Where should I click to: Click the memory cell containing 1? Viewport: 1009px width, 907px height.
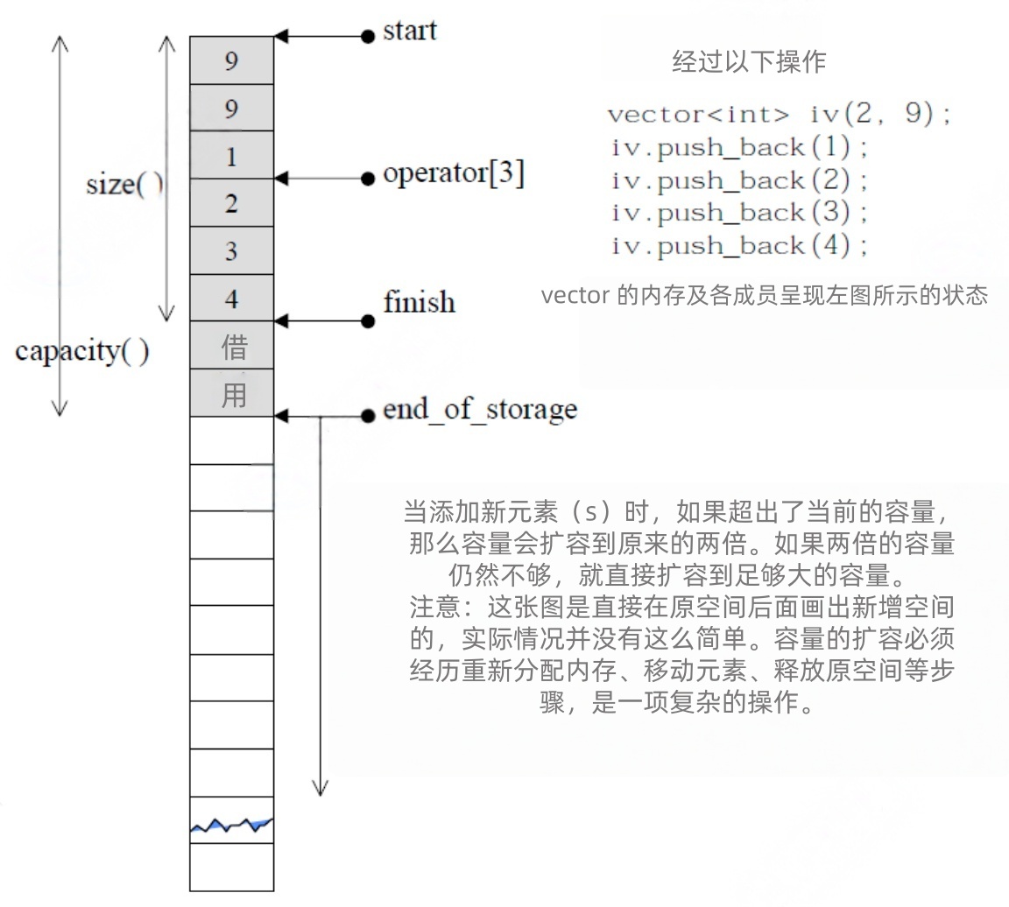point(231,157)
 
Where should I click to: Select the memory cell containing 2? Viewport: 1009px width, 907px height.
point(231,204)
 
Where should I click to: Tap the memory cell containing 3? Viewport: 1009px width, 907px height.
point(231,251)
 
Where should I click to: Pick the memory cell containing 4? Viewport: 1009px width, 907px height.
point(231,299)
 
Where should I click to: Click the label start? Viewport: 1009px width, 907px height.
point(410,32)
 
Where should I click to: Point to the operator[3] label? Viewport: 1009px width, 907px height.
point(454,174)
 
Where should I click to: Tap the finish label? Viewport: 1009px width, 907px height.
point(420,302)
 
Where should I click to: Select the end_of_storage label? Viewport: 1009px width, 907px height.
point(480,410)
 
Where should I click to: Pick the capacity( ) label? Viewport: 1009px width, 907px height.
point(82,352)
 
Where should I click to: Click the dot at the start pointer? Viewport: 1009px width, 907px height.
point(368,37)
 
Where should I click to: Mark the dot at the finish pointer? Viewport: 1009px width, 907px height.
point(368,321)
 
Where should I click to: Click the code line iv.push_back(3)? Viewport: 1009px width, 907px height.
point(740,214)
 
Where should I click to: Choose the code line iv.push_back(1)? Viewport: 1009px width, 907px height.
point(740,147)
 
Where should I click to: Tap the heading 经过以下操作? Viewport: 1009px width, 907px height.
point(749,62)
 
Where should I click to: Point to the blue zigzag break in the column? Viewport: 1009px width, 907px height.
point(232,825)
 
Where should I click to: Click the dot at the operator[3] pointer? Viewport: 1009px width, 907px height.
point(368,179)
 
